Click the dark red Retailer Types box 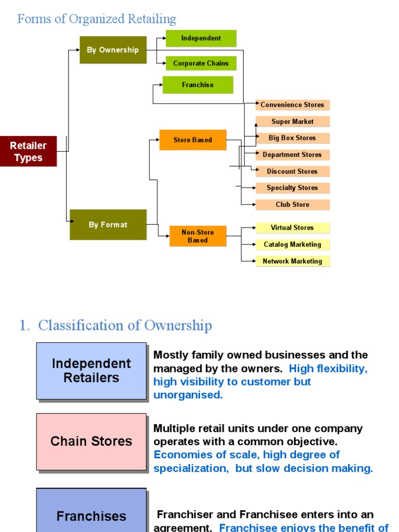point(28,152)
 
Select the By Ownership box point(113,50)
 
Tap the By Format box point(108,224)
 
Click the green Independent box point(201,38)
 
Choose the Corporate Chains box point(201,63)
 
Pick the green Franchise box point(198,85)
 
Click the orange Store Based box point(193,140)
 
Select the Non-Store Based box point(198,236)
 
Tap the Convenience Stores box point(292,105)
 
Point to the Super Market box point(292,122)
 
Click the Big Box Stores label point(292,138)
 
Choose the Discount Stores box point(292,171)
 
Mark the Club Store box point(292,205)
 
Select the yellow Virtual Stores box point(292,228)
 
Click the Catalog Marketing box point(292,245)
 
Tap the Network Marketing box point(292,261)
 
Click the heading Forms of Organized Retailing point(97,19)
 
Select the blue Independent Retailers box point(91,370)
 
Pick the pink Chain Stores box point(91,442)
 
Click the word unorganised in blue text point(188,395)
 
